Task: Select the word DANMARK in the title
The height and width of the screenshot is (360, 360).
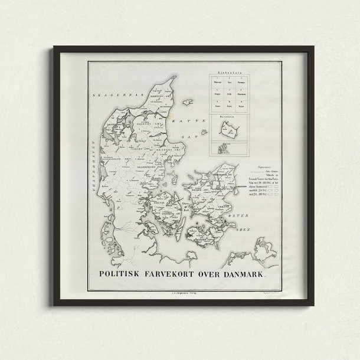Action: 243,275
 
